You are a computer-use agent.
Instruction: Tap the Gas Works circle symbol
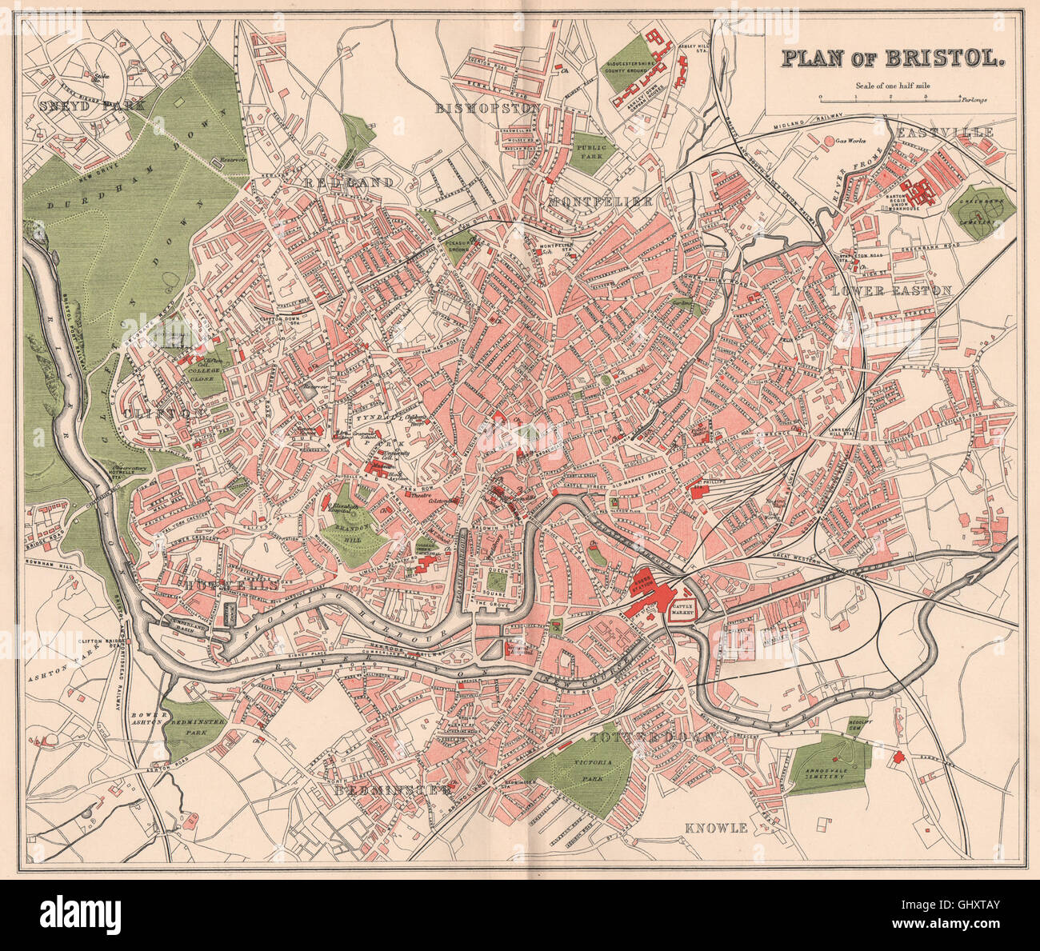pos(829,141)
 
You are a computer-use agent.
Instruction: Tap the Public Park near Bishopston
pos(593,148)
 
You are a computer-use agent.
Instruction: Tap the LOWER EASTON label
pos(891,291)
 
